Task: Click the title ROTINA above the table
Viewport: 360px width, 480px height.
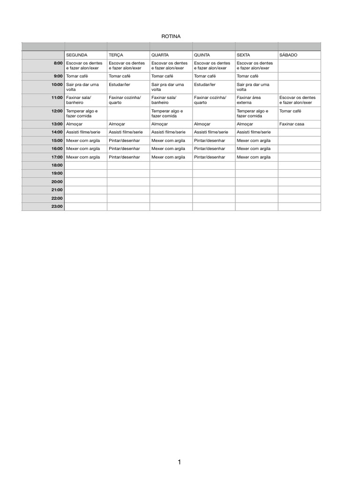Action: pos(171,36)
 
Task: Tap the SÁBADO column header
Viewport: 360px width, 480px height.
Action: pos(288,55)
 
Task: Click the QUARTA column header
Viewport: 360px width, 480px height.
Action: pos(160,55)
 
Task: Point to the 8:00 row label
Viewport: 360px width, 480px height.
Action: pos(58,63)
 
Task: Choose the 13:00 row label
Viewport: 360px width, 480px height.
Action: pos(57,124)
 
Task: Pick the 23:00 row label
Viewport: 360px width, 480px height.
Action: pos(57,206)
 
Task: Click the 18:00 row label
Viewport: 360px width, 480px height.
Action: pos(57,165)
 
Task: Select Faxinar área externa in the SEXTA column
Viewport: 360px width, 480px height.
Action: pos(248,100)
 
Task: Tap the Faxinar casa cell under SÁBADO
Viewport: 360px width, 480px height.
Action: pos(292,124)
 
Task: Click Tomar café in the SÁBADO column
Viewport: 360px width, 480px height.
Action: pos(290,111)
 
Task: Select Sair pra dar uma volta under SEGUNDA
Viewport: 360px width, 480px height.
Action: pos(82,87)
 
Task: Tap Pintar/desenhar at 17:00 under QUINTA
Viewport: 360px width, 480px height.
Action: pos(209,157)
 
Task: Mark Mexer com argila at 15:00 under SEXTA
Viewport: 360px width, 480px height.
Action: pos(254,141)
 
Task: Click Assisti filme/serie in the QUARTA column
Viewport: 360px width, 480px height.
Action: pos(168,132)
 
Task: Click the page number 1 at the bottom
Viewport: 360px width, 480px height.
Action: pos(180,462)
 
